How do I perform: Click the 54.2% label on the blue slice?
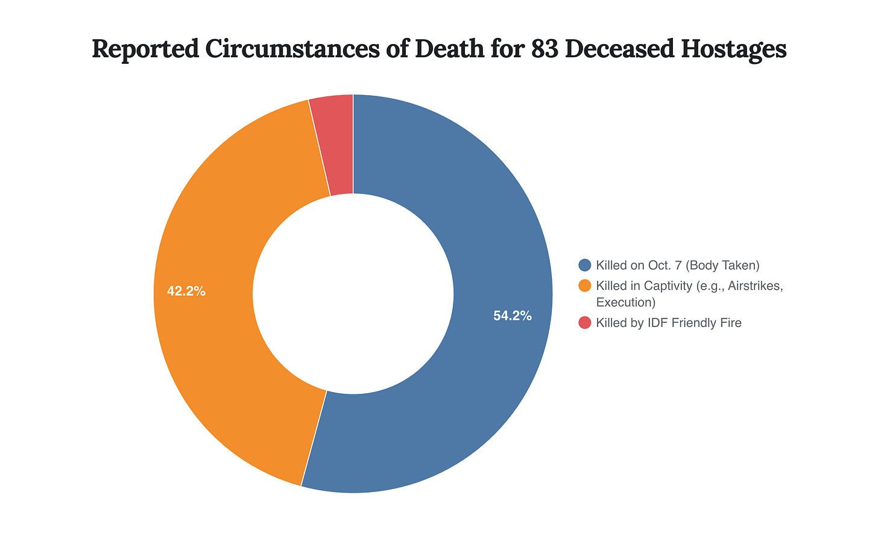point(513,316)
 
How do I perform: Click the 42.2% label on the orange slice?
point(186,291)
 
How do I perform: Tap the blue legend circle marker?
point(584,265)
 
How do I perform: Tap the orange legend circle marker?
point(584,285)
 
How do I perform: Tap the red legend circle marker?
point(584,323)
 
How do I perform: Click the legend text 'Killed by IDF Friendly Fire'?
point(668,323)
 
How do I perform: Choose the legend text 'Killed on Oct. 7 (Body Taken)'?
point(677,265)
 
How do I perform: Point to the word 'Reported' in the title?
point(145,49)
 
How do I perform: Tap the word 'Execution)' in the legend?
point(625,302)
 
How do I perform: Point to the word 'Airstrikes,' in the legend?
point(755,285)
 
